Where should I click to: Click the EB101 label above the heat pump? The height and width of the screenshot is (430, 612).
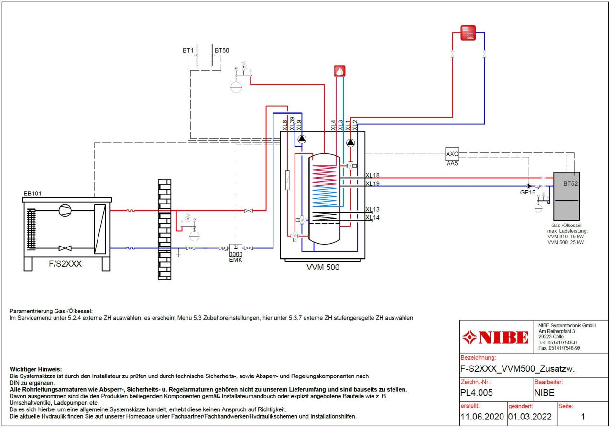33,193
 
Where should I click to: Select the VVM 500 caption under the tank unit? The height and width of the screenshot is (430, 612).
323,268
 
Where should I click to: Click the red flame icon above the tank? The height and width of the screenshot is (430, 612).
339,71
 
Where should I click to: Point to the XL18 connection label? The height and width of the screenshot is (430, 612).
372,175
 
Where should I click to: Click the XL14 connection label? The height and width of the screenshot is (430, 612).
372,218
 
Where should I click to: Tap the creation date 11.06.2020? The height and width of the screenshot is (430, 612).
482,417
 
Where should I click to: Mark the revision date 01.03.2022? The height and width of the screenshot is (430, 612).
530,417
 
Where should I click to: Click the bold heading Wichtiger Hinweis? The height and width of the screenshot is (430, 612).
36,369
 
